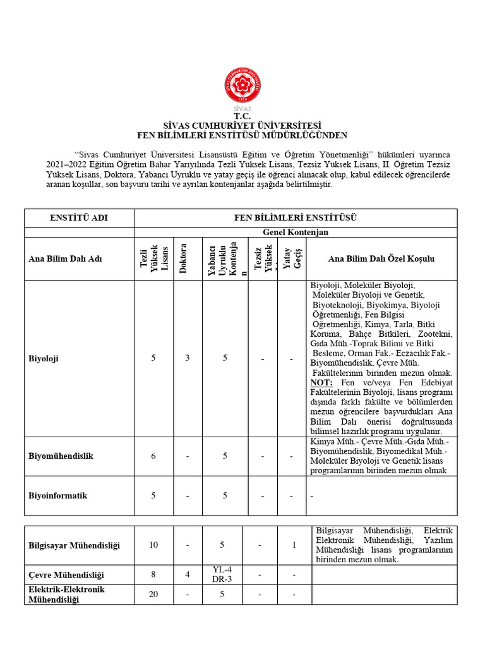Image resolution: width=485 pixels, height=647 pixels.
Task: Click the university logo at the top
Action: [x=242, y=88]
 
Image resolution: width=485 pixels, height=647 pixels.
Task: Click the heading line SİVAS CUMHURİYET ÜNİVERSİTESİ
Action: [x=242, y=125]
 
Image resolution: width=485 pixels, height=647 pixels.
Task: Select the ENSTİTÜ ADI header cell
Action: [x=79, y=218]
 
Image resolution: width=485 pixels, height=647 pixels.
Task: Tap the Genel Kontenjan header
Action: [x=295, y=233]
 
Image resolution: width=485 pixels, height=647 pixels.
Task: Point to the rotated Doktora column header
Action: [x=184, y=258]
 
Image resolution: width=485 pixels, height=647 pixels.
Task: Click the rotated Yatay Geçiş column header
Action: [x=291, y=258]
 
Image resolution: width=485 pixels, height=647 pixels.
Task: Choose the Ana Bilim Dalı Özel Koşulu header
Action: [x=381, y=259]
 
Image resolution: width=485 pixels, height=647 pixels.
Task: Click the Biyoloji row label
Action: [x=44, y=358]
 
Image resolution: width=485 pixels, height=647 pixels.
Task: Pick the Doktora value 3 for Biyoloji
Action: [x=187, y=358]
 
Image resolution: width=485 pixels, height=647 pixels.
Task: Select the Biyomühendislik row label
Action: [x=61, y=456]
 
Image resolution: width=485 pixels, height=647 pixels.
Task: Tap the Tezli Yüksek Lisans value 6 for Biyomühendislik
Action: [x=153, y=456]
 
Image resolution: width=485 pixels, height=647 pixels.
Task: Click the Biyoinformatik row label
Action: [x=58, y=495]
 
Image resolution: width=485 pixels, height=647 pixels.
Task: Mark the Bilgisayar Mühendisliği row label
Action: [x=74, y=545]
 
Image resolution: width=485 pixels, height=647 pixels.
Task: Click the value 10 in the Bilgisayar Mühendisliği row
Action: [x=153, y=545]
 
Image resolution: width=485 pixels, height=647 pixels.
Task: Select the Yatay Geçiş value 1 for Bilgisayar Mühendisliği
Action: [x=294, y=545]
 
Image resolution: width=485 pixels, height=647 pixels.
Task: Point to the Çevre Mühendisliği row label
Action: [x=66, y=575]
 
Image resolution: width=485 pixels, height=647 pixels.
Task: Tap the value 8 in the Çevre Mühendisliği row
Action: [x=153, y=575]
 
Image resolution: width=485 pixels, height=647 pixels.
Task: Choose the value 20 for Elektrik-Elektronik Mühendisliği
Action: [x=153, y=594]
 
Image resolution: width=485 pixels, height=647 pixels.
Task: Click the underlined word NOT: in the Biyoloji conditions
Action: [x=321, y=383]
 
